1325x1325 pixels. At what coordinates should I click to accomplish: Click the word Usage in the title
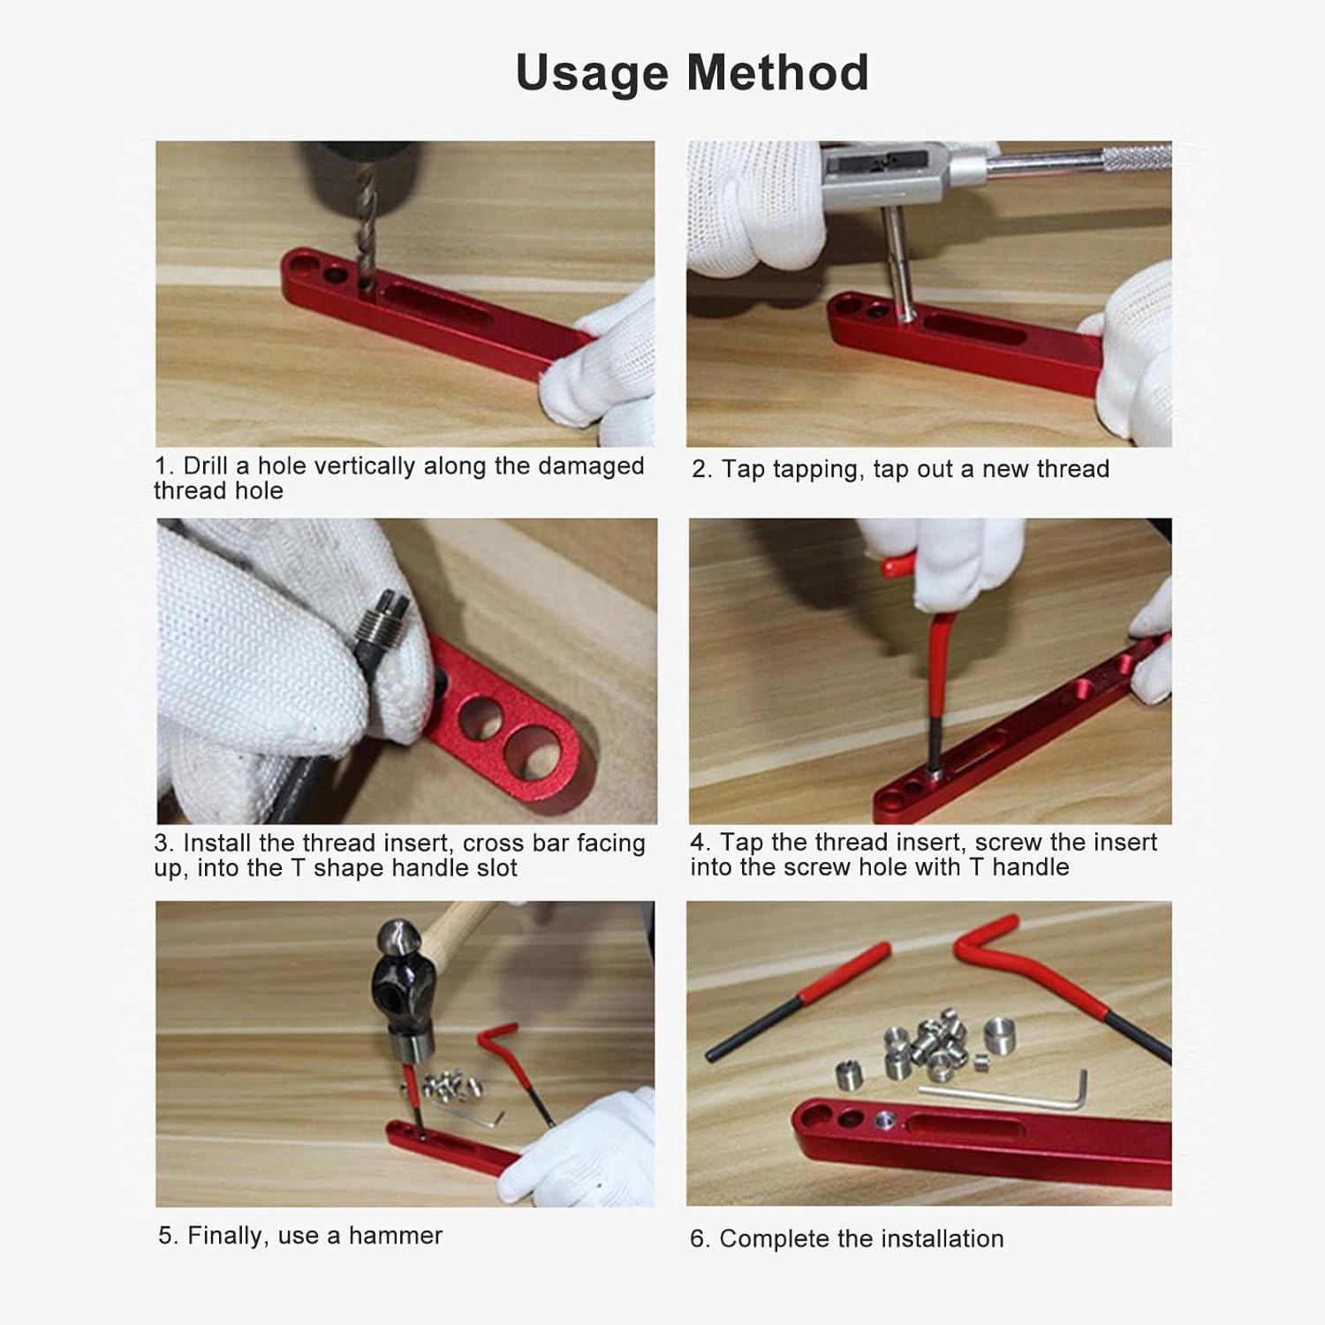(594, 72)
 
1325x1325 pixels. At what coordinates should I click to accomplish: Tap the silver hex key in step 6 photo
(1007, 1096)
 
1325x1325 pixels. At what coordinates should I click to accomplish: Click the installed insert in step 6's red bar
(884, 1122)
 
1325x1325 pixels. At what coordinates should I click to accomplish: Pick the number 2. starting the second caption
(701, 469)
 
